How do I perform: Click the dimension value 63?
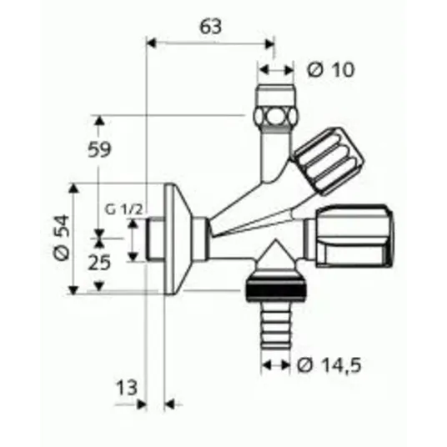point(210,27)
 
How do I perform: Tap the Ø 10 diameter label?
point(330,69)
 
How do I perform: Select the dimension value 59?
point(99,149)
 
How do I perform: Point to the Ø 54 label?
point(62,237)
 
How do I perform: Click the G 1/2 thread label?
point(123,210)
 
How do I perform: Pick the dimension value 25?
point(99,263)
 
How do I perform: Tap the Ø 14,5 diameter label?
point(329,365)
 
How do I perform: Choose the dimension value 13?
point(127,388)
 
